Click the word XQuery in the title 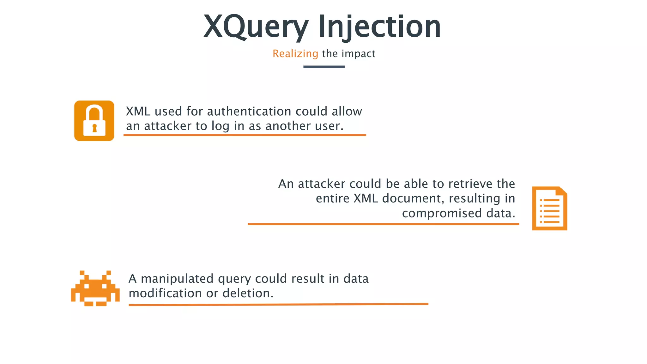pos(255,27)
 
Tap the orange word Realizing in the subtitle pos(295,54)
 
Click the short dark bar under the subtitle pos(324,67)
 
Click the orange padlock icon pos(94,121)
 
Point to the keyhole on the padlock pos(94,128)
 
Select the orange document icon pos(549,209)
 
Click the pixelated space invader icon pos(95,288)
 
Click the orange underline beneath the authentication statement pos(245,135)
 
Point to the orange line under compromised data pos(383,224)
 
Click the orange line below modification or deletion pos(278,305)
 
